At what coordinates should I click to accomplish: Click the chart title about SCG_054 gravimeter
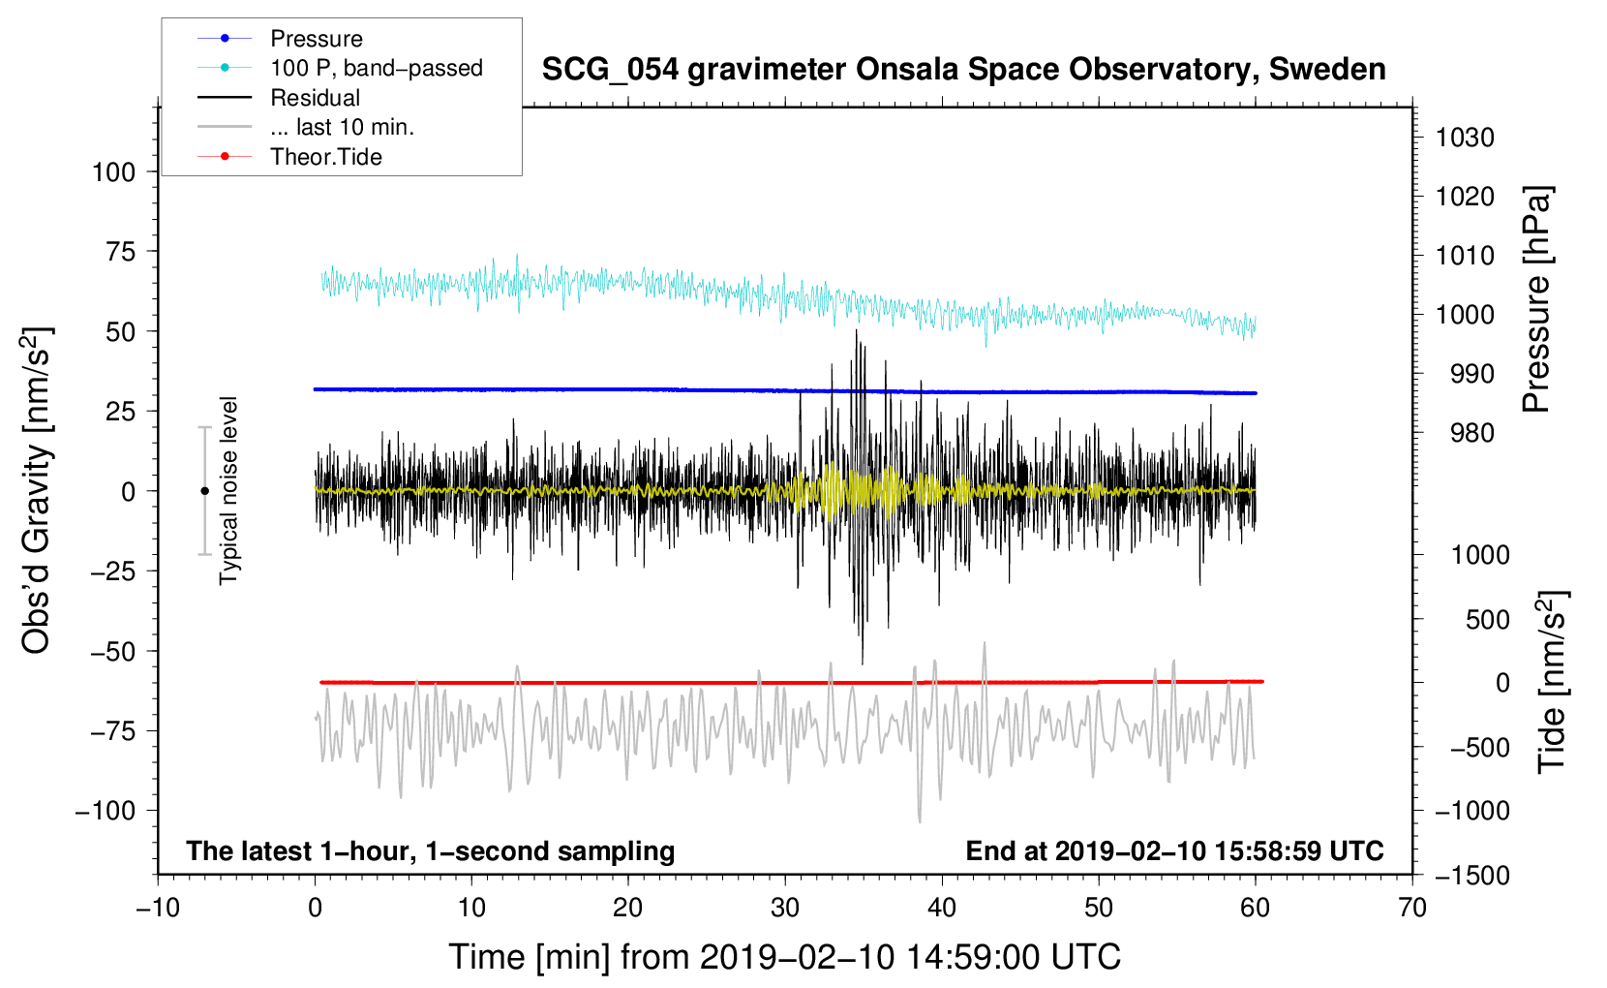pos(963,70)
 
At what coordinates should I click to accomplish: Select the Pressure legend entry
pos(316,39)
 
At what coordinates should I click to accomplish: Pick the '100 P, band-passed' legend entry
pos(376,68)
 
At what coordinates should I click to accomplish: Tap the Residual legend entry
pos(315,98)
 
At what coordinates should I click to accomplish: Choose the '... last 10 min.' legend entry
pos(342,127)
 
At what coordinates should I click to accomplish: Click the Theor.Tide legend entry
pos(325,157)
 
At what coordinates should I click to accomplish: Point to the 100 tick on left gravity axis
pos(113,172)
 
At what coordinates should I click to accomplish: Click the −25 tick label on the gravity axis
pos(113,571)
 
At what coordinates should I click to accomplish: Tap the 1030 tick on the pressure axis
pos(1465,138)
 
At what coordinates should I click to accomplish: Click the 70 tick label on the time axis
pos(1412,909)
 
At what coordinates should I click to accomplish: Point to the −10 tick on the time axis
pos(158,909)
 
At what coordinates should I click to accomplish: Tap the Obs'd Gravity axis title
pos(36,491)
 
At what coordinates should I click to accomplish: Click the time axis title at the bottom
pos(784,957)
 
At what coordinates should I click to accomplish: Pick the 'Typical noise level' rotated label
pos(228,491)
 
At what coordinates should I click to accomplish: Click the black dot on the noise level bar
pos(204,491)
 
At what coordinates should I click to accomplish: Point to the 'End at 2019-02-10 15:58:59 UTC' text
pos(1174,851)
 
